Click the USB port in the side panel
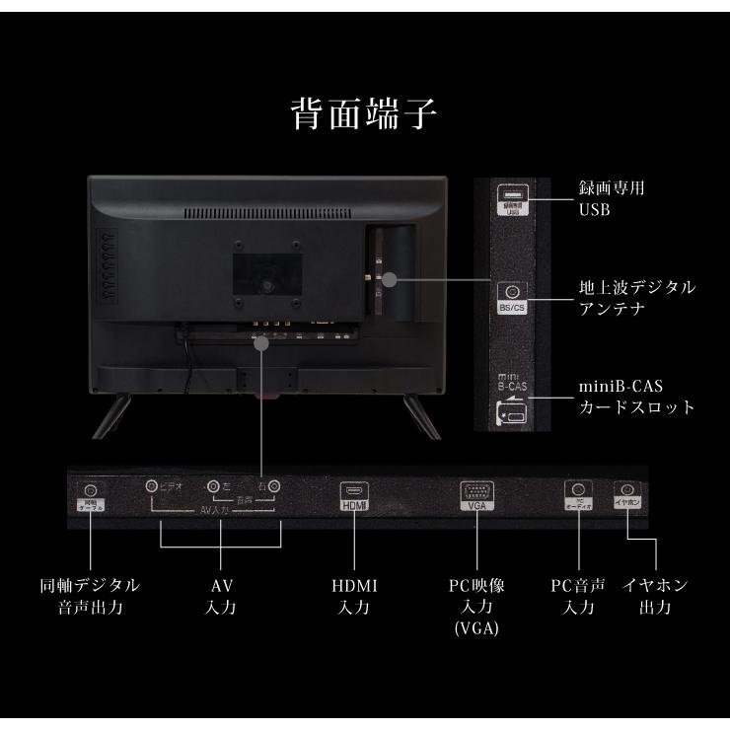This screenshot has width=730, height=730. coord(511,194)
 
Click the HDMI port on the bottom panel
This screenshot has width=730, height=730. coord(353,489)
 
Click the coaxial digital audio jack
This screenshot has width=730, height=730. coord(91,490)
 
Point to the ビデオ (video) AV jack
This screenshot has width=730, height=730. coord(152,485)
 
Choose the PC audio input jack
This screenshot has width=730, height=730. coord(577,489)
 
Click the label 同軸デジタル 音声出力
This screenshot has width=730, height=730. coord(89,596)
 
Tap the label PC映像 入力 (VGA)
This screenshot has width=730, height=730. coord(476,606)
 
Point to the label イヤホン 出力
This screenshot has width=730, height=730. coord(655,596)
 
